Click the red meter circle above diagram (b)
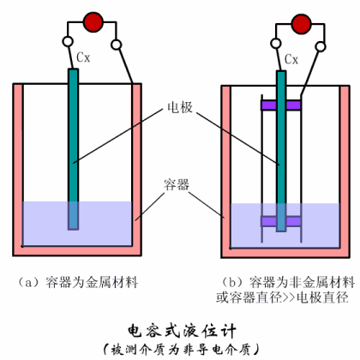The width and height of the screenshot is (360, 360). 299,21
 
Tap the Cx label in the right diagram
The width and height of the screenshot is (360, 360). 291,59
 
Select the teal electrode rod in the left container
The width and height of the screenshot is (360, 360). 73,146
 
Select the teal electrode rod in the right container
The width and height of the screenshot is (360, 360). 281,146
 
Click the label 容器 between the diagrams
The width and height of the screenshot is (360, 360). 180,183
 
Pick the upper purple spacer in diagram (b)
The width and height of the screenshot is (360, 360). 281,105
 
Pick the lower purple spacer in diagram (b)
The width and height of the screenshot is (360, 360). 281,220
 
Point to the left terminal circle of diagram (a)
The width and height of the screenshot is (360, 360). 67,41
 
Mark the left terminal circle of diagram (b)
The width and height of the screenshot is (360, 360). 275,41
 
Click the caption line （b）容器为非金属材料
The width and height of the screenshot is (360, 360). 283,280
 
